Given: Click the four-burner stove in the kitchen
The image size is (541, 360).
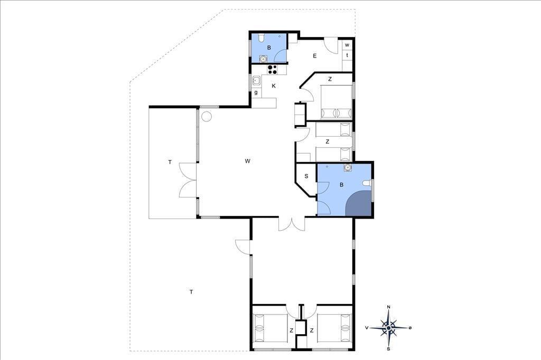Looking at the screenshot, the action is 272,69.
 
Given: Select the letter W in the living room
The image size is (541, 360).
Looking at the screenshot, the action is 247,161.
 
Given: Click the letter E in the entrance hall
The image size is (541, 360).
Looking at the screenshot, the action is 315,55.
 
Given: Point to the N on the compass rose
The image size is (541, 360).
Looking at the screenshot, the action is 389,307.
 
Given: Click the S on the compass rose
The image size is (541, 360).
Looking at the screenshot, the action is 388,349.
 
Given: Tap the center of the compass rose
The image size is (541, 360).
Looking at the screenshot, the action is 389,328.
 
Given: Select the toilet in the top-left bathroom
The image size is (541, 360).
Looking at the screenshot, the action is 262,36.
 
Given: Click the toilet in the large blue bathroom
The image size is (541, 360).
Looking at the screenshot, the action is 367,184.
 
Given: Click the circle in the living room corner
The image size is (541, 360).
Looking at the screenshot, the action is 207,117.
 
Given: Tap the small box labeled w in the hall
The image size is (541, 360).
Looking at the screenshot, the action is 347,45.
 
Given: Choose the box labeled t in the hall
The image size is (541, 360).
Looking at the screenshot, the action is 347,55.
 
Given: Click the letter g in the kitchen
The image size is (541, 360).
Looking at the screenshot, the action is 256,92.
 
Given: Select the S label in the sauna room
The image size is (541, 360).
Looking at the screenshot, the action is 306,176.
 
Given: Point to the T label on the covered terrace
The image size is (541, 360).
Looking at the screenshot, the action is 170,162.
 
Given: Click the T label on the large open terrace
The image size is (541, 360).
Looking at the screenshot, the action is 191,292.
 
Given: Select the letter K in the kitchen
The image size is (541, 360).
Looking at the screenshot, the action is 274,86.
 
